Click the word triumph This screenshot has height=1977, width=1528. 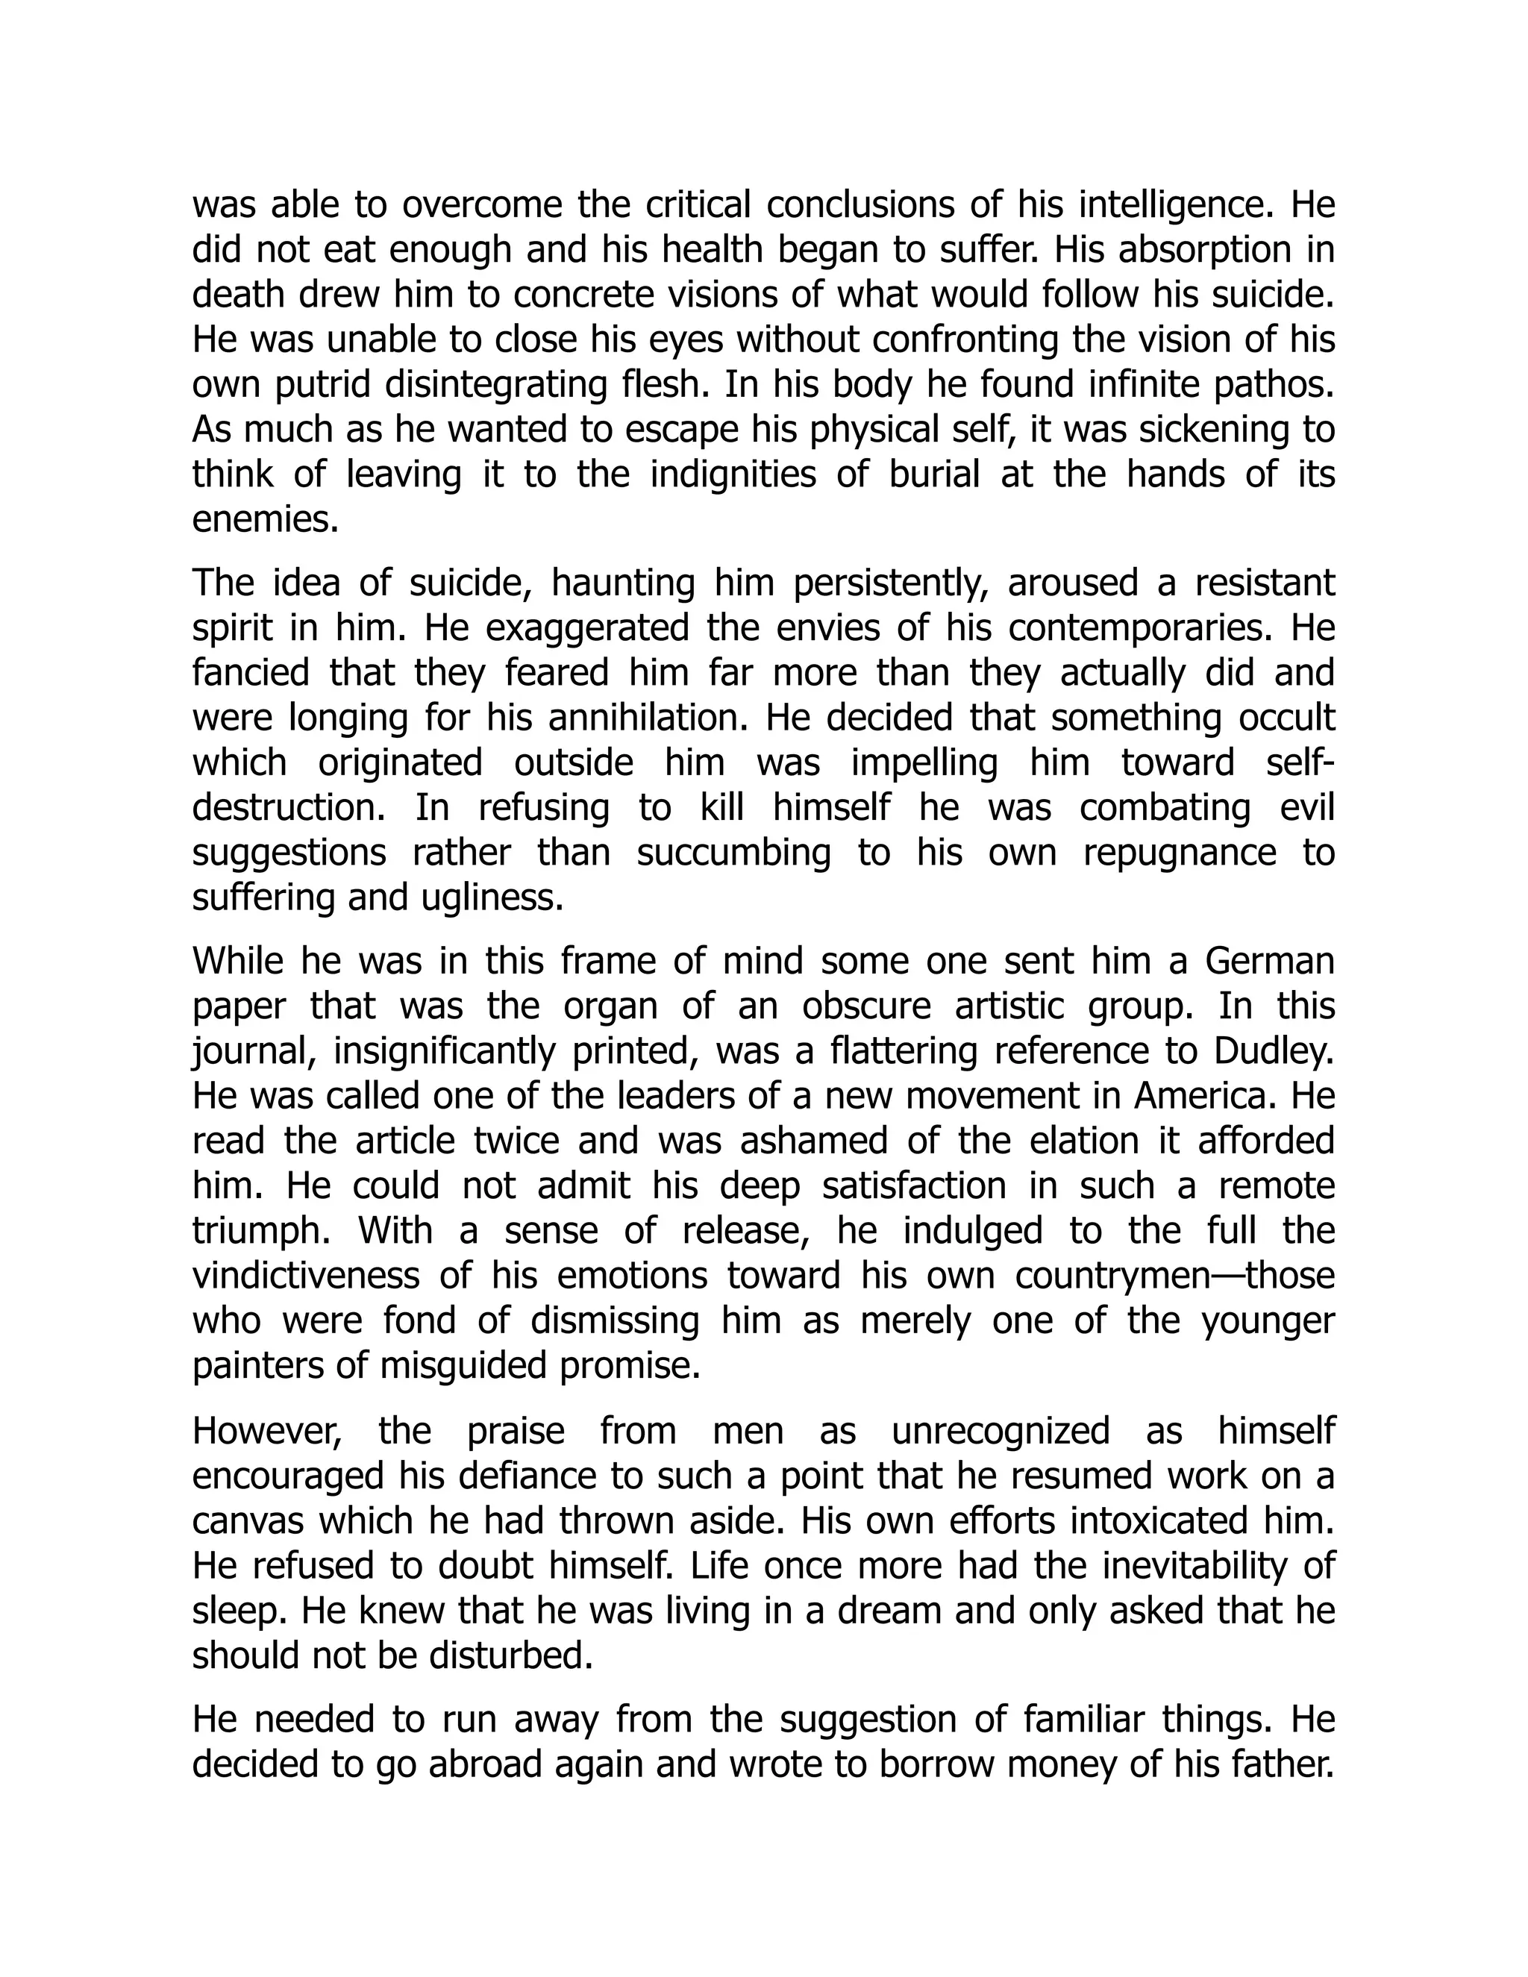point(260,1232)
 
